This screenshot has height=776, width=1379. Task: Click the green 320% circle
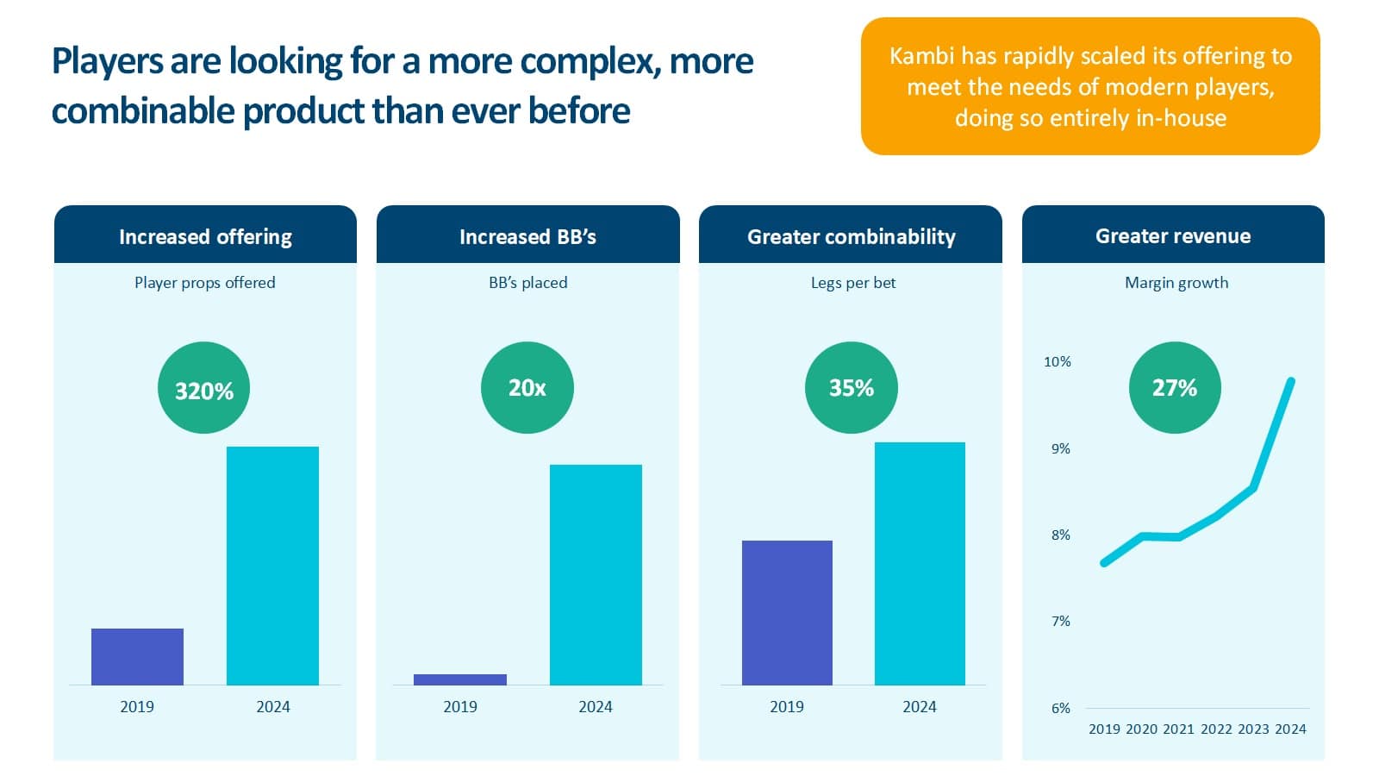click(x=203, y=388)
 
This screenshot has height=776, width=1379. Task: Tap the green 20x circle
click(x=527, y=387)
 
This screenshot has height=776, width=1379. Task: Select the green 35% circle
click(x=851, y=387)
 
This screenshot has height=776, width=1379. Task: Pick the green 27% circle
click(x=1174, y=387)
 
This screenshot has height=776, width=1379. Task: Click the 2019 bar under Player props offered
click(x=137, y=656)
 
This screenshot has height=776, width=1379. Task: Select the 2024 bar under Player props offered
click(x=272, y=566)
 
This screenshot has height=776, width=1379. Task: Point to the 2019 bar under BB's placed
click(x=459, y=679)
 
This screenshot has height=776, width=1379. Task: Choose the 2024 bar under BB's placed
click(x=596, y=574)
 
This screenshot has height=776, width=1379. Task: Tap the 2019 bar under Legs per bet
click(x=787, y=612)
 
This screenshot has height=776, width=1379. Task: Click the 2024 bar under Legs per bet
click(x=920, y=563)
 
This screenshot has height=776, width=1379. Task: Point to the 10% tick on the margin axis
click(x=1058, y=362)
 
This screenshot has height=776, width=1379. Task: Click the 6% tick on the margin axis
click(x=1060, y=708)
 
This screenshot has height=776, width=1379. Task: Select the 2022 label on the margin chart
click(x=1216, y=729)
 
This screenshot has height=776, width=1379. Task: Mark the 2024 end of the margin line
click(x=1290, y=381)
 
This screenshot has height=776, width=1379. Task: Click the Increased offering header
click(x=205, y=236)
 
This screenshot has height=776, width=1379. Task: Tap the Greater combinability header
click(x=851, y=236)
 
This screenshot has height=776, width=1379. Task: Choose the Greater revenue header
click(x=1173, y=235)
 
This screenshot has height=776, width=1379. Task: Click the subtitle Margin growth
click(x=1176, y=283)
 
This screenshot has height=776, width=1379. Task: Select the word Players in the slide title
click(x=108, y=61)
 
